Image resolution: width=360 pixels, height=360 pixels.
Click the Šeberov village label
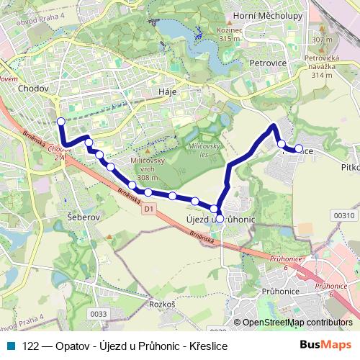tap(83, 216)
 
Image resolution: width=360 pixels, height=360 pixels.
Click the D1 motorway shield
tap(149, 209)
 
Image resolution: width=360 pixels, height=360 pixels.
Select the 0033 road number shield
tap(98, 313)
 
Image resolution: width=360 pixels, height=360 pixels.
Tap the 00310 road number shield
tap(343, 215)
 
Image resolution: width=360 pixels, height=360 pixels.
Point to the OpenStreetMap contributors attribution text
tap(297, 323)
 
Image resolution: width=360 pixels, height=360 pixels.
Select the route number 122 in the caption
tap(31, 346)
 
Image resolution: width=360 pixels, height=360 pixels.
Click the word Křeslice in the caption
tap(208, 346)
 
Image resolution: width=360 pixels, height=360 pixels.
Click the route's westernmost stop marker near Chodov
tap(61, 122)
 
